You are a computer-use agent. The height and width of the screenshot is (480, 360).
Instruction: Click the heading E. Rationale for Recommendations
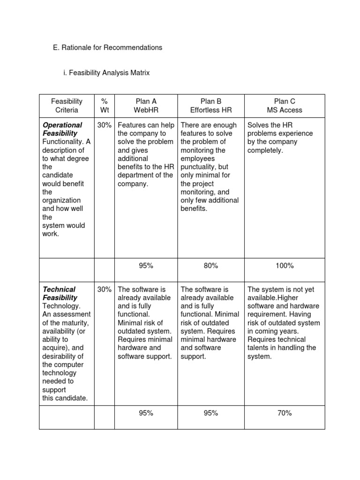coord(107,47)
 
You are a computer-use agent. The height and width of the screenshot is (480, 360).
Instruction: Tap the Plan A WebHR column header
coord(146,105)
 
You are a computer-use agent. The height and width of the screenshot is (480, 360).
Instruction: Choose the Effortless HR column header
coord(211,110)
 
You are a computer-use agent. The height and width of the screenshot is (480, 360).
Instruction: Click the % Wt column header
coord(104,105)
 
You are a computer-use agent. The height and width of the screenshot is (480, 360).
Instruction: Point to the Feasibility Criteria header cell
coord(67,105)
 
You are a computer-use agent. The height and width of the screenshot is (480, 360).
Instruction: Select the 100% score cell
coord(285,266)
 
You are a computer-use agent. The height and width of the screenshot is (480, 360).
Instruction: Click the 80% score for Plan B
coord(211,266)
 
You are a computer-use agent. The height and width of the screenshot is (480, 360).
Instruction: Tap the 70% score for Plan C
coord(285,413)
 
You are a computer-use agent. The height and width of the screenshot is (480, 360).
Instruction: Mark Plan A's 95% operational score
coord(146,266)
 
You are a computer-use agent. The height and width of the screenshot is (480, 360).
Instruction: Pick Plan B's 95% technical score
coord(211,413)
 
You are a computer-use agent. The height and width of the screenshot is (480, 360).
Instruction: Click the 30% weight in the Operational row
coord(104,125)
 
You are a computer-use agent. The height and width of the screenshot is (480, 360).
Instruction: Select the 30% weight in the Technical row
coord(104,290)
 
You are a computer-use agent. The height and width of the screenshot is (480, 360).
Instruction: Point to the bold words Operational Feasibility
coord(62,129)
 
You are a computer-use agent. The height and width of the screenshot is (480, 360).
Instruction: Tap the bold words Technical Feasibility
coord(60,293)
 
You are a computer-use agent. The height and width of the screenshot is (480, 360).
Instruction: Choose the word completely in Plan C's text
coord(265,150)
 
